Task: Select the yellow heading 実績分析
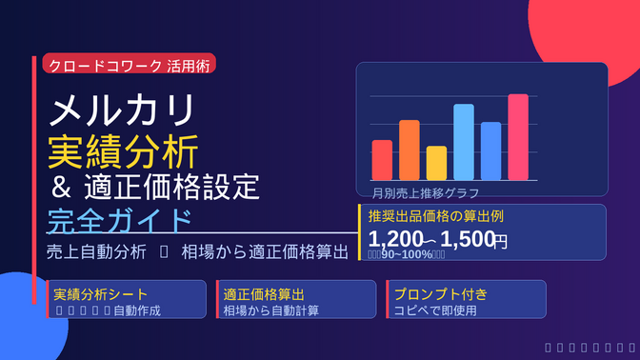pyautogui.click(x=123, y=150)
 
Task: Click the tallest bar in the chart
pyautogui.click(x=518, y=137)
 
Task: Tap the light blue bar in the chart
pyautogui.click(x=464, y=142)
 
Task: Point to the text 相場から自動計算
pyautogui.click(x=270, y=310)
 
